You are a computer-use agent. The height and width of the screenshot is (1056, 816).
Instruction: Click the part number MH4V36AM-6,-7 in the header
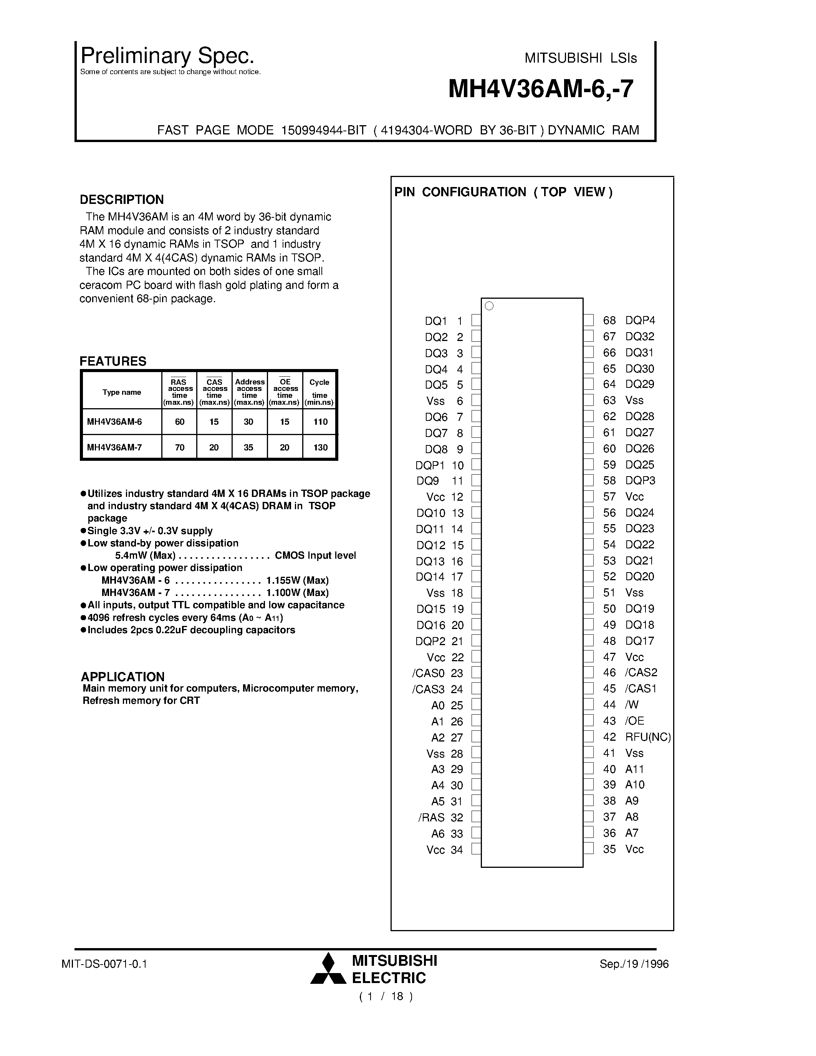[x=540, y=89]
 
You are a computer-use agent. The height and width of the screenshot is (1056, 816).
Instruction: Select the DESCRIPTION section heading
[x=121, y=200]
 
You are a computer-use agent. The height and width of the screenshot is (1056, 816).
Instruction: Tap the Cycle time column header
[x=319, y=389]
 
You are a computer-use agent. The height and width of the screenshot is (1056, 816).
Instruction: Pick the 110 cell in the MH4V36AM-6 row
[x=320, y=422]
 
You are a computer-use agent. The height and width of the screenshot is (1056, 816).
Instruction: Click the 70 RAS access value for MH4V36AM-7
[x=179, y=447]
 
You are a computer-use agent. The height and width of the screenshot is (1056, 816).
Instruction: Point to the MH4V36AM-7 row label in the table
[x=114, y=447]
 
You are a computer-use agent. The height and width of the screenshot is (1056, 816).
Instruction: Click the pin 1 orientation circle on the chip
[x=489, y=306]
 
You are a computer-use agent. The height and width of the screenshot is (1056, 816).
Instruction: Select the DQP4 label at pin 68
[x=640, y=320]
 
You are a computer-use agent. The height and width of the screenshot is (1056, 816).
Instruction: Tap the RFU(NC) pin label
[x=648, y=737]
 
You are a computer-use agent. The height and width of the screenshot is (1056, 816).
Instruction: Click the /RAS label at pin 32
[x=431, y=818]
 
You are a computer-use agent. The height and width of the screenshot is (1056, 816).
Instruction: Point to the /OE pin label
[x=634, y=721]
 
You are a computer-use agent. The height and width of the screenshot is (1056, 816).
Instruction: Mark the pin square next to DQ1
[x=476, y=321]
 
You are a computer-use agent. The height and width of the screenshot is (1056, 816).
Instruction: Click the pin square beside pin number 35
[x=588, y=849]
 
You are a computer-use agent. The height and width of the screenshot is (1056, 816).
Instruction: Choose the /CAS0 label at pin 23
[x=428, y=673]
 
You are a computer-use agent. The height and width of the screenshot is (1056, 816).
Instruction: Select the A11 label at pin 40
[x=634, y=769]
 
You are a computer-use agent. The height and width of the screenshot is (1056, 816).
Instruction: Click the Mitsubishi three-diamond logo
[x=328, y=969]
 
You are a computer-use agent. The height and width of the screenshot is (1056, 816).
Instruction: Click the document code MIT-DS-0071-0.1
[x=104, y=964]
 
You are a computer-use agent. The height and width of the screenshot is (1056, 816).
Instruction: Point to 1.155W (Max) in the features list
[x=297, y=580]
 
